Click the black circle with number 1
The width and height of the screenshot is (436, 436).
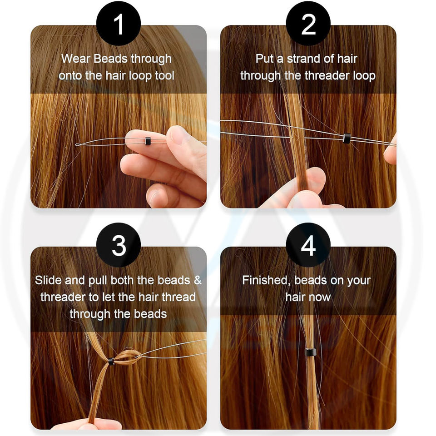click(119, 23)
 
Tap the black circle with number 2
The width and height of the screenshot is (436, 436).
click(308, 23)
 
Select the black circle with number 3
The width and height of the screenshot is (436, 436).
click(119, 245)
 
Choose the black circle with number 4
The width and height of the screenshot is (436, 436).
click(308, 245)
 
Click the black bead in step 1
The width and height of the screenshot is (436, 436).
click(148, 141)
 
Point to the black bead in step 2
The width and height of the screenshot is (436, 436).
click(346, 138)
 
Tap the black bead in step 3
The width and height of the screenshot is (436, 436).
click(111, 362)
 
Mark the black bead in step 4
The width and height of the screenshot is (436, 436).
click(310, 352)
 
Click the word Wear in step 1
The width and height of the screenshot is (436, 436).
click(76, 59)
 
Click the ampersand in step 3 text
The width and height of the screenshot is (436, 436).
click(198, 280)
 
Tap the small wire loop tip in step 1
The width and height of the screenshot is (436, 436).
click(78, 144)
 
